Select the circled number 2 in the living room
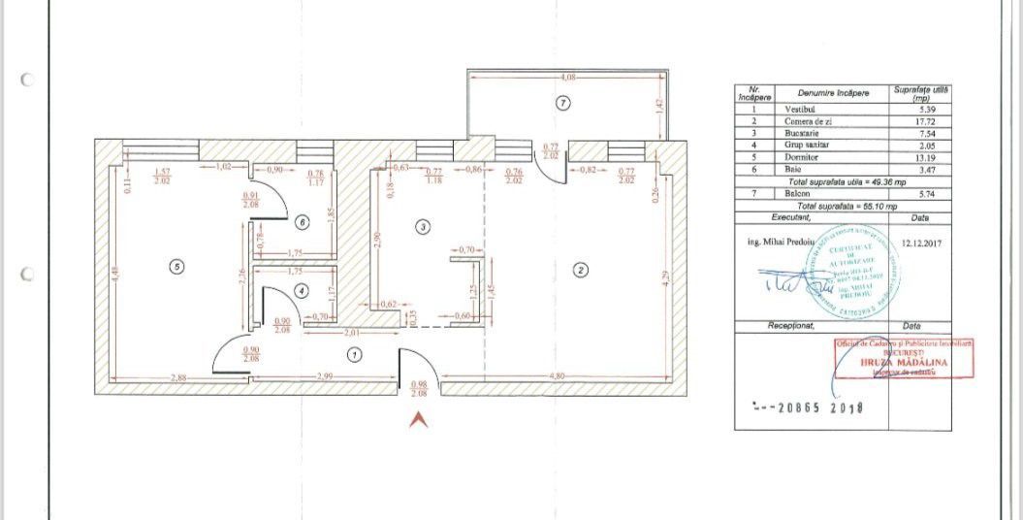580,270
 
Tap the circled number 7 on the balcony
562,102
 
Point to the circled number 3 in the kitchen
422,227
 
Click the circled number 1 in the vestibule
355,355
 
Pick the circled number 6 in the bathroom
302,222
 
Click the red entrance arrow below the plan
418,419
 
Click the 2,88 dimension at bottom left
177,376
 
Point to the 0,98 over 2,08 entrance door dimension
420,389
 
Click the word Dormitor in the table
803,156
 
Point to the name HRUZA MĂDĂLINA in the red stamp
904,362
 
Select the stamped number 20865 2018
808,407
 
